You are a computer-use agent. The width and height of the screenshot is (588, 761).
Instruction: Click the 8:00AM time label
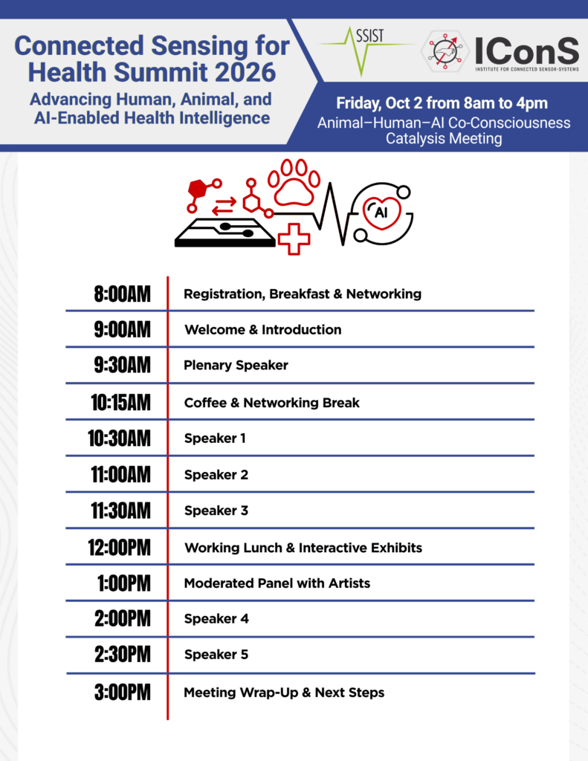coord(123,294)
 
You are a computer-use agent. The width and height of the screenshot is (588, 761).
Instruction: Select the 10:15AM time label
coord(121,403)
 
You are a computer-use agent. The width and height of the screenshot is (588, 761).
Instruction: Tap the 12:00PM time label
coord(120,548)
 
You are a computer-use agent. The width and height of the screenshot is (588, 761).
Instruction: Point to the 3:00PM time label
coord(123,692)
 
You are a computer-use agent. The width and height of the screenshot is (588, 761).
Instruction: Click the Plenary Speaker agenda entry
coord(236,366)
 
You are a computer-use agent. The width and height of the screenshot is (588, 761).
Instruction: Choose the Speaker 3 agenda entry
coord(216,511)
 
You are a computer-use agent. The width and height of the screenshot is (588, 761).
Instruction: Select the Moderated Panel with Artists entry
coord(277,583)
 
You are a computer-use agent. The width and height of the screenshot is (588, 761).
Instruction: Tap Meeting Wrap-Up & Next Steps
coord(284,693)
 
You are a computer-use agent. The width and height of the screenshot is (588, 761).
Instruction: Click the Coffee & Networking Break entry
coord(272,403)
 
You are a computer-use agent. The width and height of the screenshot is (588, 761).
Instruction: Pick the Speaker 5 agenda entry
coord(216,655)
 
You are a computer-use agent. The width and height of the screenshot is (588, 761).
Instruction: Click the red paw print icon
coord(294,183)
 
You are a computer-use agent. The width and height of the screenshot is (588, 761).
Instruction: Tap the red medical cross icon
coord(294,239)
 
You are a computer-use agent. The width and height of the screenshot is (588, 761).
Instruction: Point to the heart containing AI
coord(381,213)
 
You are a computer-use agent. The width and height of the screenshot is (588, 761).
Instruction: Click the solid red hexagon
coord(197,188)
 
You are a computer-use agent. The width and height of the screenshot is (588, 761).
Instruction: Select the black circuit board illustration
coord(225,233)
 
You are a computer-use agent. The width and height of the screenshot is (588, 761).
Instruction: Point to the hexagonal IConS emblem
coord(445,51)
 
